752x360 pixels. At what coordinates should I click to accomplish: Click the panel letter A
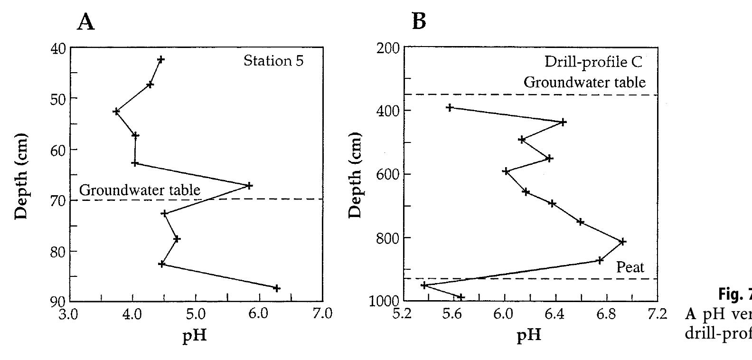pyautogui.click(x=86, y=22)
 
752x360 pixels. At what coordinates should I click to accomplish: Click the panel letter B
pyautogui.click(x=419, y=21)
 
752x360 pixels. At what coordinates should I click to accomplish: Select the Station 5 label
pyautogui.click(x=273, y=61)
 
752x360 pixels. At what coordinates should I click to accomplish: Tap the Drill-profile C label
pyautogui.click(x=593, y=62)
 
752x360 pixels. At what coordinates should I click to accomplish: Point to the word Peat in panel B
pyautogui.click(x=630, y=267)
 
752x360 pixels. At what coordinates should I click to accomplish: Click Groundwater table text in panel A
pyautogui.click(x=140, y=190)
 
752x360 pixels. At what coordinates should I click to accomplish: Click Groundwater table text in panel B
pyautogui.click(x=584, y=82)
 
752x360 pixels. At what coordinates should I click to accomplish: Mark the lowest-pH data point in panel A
pyautogui.click(x=116, y=112)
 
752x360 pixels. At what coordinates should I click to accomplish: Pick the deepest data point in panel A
pyautogui.click(x=277, y=288)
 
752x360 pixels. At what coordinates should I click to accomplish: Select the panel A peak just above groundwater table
pyautogui.click(x=249, y=185)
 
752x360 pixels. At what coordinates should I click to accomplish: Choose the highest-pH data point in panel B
pyautogui.click(x=623, y=242)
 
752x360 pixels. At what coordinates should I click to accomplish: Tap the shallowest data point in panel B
pyautogui.click(x=450, y=107)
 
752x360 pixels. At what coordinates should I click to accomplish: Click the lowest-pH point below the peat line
pyautogui.click(x=424, y=285)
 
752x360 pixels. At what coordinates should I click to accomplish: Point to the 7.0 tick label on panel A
pyautogui.click(x=322, y=314)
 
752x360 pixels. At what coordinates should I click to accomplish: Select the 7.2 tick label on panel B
pyautogui.click(x=658, y=314)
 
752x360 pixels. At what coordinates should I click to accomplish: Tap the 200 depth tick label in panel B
pyautogui.click(x=387, y=48)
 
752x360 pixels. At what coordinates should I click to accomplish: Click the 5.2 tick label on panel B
pyautogui.click(x=403, y=314)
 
